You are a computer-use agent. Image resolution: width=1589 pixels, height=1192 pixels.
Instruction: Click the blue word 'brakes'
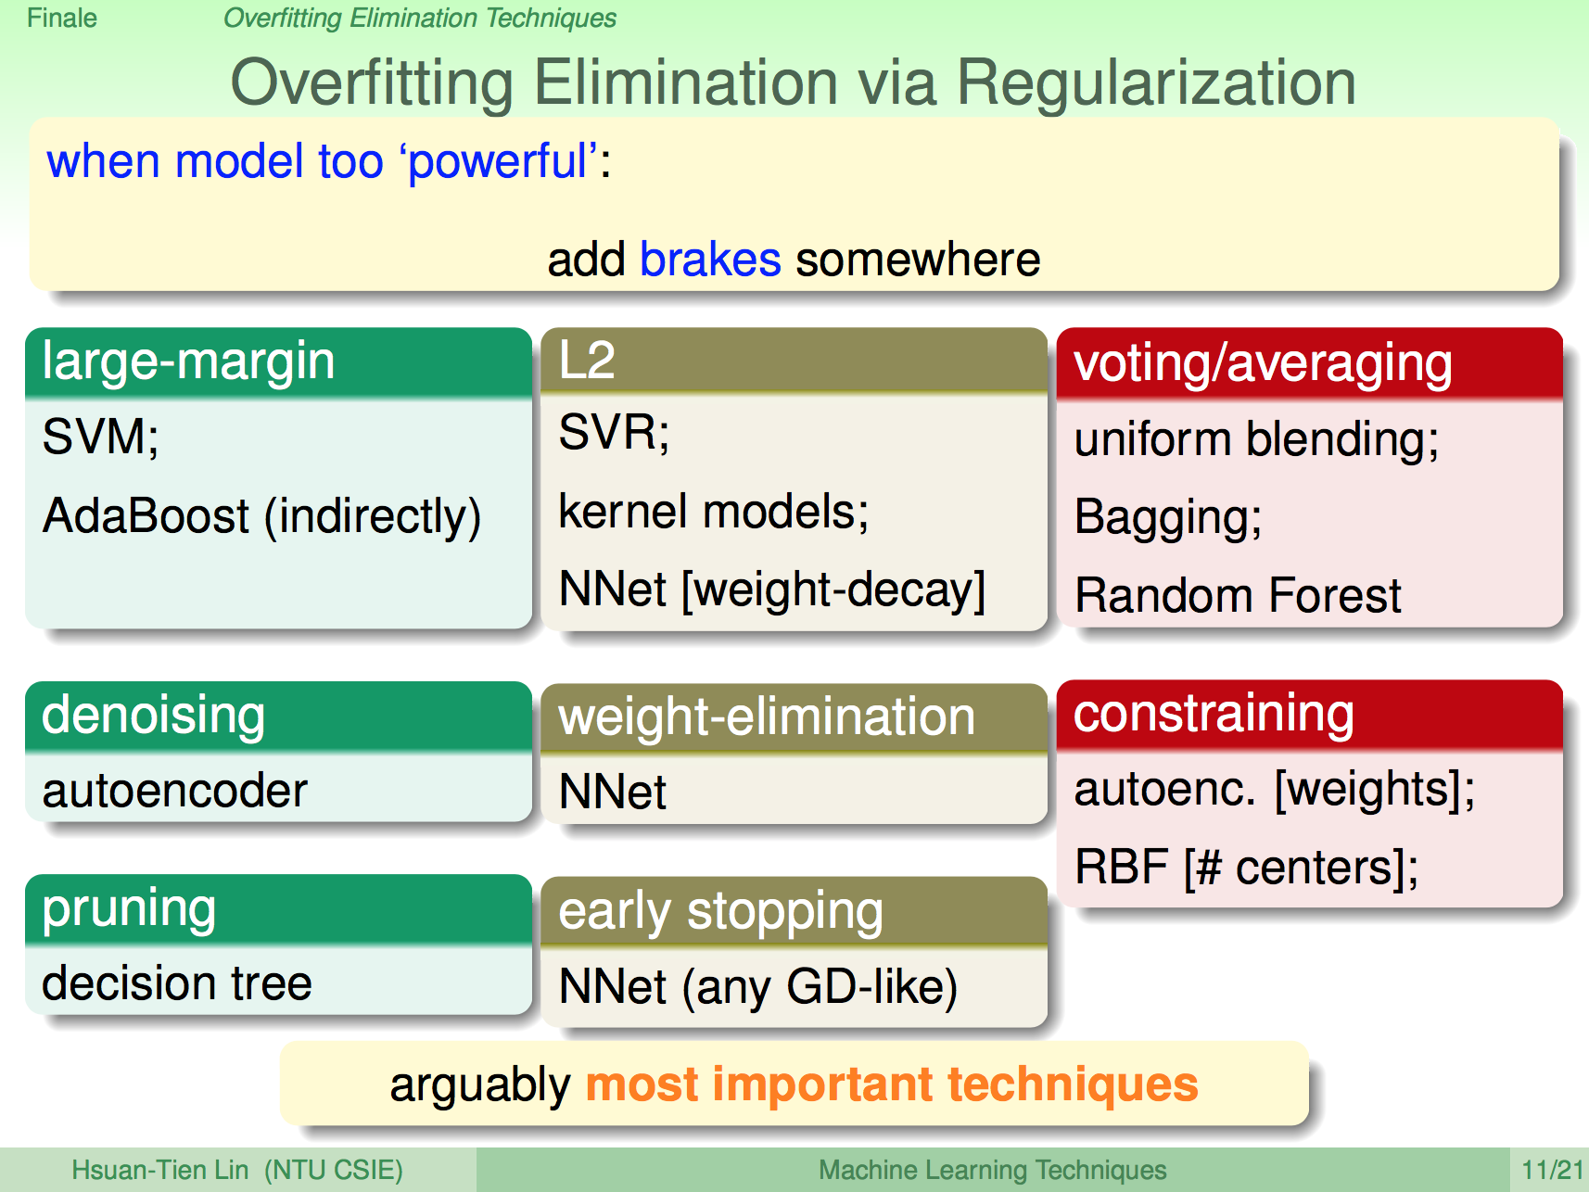pyautogui.click(x=710, y=259)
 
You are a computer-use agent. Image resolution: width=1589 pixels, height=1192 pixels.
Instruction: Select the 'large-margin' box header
pyautogui.click(x=278, y=362)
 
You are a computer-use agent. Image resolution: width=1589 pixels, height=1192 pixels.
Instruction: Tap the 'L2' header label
pyautogui.click(x=587, y=360)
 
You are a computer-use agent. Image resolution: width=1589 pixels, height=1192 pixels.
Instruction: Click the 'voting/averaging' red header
pyautogui.click(x=1310, y=363)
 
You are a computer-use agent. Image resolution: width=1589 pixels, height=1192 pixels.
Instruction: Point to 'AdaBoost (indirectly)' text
pyautogui.click(x=261, y=516)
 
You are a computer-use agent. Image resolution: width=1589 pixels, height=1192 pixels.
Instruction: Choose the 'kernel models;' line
pyautogui.click(x=714, y=511)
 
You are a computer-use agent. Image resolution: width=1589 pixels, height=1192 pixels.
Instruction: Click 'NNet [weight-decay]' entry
pyautogui.click(x=772, y=590)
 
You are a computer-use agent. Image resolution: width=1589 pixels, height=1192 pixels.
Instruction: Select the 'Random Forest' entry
pyautogui.click(x=1238, y=595)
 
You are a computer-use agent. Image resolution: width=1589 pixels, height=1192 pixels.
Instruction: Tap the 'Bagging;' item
pyautogui.click(x=1168, y=517)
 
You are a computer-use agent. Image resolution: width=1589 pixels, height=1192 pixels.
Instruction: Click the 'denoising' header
pyautogui.click(x=278, y=716)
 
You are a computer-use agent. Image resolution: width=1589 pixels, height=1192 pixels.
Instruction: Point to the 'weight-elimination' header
pyautogui.click(x=794, y=718)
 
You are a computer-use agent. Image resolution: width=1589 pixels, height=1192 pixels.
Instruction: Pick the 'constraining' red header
pyautogui.click(x=1310, y=715)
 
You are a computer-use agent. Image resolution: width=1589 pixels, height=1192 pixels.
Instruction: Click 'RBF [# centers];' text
pyautogui.click(x=1247, y=869)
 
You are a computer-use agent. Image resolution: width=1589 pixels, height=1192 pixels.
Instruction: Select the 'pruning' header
pyautogui.click(x=278, y=908)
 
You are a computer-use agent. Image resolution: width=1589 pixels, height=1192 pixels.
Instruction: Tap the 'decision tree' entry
pyautogui.click(x=177, y=983)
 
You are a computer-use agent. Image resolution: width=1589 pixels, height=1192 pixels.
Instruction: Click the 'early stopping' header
pyautogui.click(x=794, y=911)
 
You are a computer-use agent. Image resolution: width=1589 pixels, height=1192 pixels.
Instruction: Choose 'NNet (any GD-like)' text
pyautogui.click(x=758, y=986)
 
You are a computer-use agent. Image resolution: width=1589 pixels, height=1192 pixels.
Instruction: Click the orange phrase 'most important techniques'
pyautogui.click(x=892, y=1084)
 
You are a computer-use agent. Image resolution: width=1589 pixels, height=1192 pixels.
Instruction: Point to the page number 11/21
pyautogui.click(x=1553, y=1170)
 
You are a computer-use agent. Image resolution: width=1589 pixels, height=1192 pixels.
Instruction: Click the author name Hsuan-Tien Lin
pyautogui.click(x=160, y=1170)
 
